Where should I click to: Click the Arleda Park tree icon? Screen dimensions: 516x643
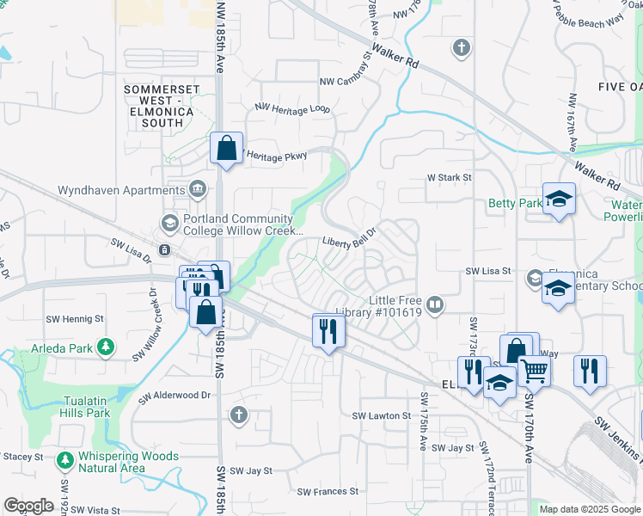tap(105, 347)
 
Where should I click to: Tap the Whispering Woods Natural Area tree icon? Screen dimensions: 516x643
tap(64, 461)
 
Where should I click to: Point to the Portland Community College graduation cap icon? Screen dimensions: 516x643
tap(168, 224)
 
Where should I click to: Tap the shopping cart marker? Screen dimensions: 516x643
tap(534, 372)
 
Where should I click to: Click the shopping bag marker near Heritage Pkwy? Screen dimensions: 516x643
tap(226, 149)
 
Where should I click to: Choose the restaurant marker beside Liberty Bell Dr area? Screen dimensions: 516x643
tap(328, 331)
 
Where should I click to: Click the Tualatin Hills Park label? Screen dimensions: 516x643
tap(85, 406)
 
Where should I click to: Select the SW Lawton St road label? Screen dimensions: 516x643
tap(382, 415)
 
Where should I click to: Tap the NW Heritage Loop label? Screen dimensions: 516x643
tap(292, 108)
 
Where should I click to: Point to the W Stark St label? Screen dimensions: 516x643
tap(450, 178)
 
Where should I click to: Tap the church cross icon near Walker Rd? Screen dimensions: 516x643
tap(462, 47)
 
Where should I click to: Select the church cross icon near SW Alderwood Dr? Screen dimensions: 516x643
tap(239, 416)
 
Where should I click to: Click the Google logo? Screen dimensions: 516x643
tap(28, 506)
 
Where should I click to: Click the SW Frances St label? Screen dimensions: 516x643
tap(328, 492)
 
